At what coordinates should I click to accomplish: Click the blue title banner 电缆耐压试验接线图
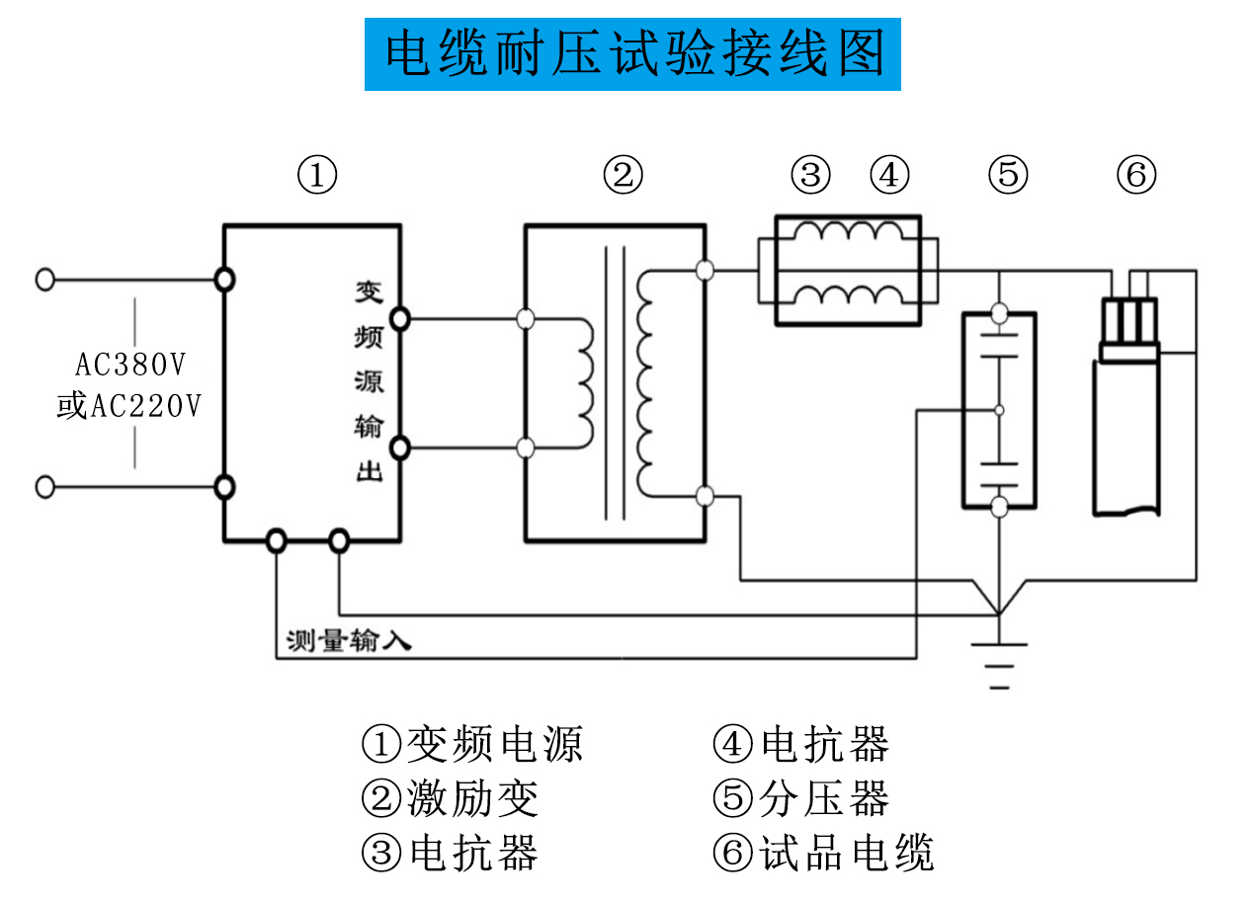pos(632,54)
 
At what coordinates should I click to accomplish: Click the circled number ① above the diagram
pos(317,176)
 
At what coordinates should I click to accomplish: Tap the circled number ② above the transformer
pos(623,176)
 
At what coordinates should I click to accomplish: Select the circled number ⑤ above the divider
pos(1008,176)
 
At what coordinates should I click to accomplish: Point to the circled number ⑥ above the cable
pos(1136,176)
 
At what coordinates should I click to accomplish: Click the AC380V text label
pos(130,366)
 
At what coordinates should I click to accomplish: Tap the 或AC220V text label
pos(128,405)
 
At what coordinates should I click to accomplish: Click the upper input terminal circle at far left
pos(44,280)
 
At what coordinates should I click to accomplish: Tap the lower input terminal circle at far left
pos(44,487)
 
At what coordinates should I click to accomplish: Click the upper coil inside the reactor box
pos(851,233)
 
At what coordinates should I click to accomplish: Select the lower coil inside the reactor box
pos(851,294)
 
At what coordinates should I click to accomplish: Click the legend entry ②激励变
pos(451,798)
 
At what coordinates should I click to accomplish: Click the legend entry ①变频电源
pos(472,744)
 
